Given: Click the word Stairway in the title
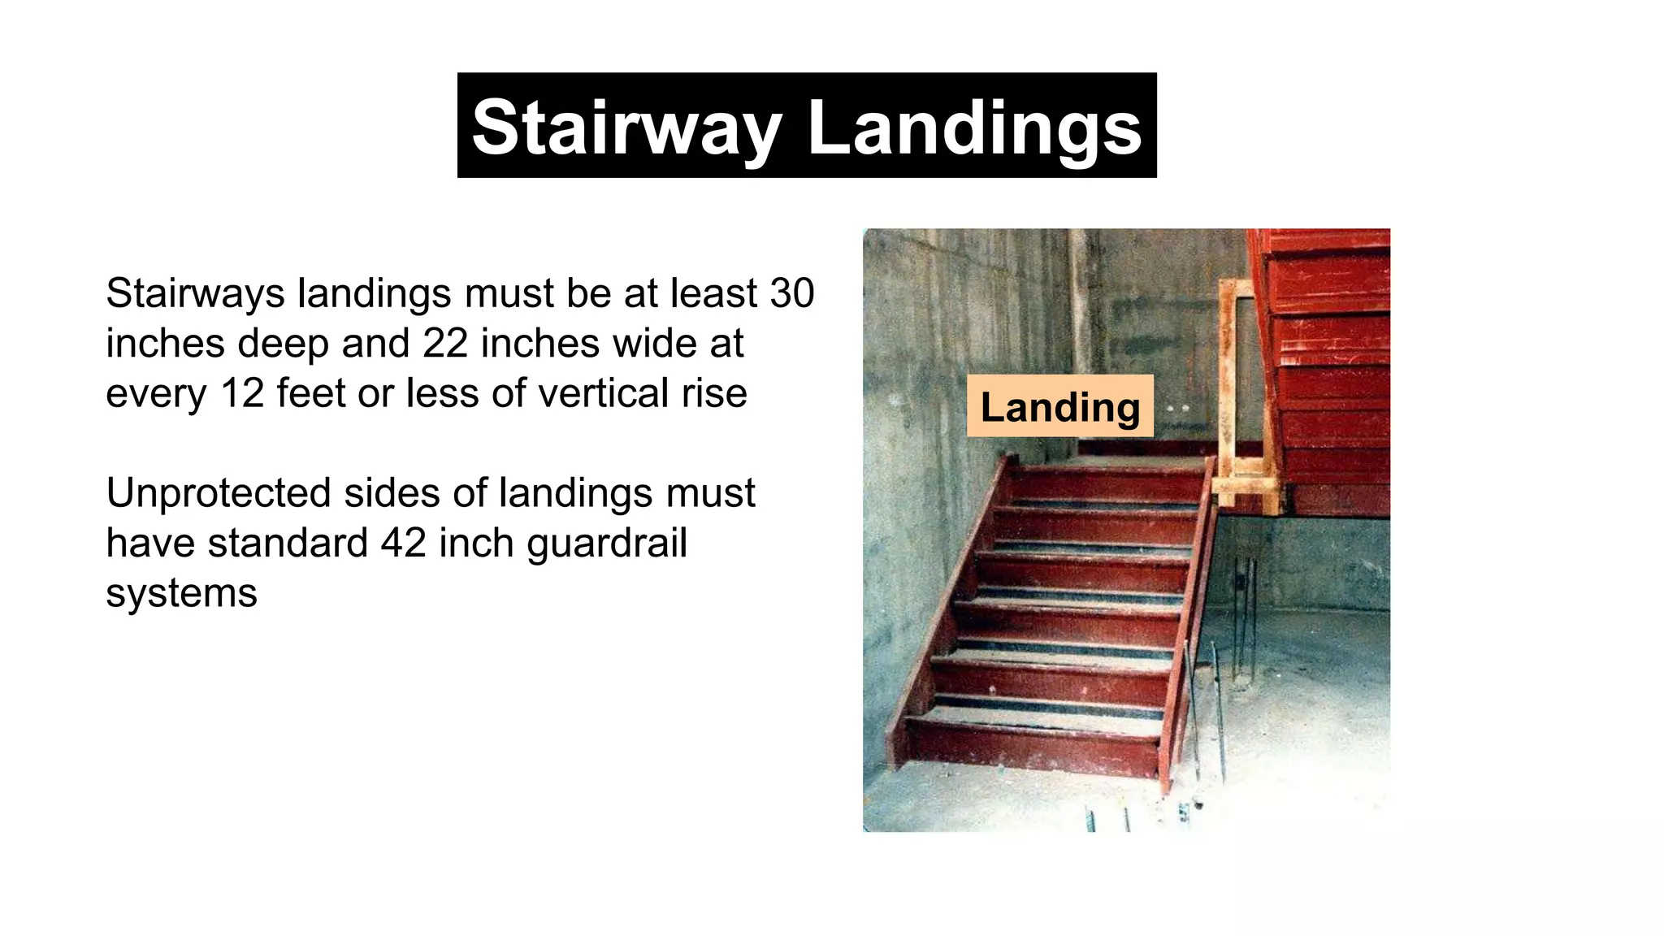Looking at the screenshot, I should pyautogui.click(x=626, y=127).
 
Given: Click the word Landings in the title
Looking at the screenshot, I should pyautogui.click(x=975, y=127).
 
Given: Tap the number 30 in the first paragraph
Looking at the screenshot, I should pyautogui.click(x=791, y=292).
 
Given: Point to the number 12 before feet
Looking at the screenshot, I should pyautogui.click(x=242, y=393).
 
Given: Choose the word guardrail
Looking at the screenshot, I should pyautogui.click(x=606, y=543).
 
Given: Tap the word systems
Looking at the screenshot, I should pyautogui.click(x=181, y=593).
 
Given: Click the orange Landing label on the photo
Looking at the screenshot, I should pyautogui.click(x=1059, y=406).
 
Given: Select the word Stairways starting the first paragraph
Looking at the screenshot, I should pyautogui.click(x=194, y=292).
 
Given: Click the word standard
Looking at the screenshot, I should pyautogui.click(x=288, y=543).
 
